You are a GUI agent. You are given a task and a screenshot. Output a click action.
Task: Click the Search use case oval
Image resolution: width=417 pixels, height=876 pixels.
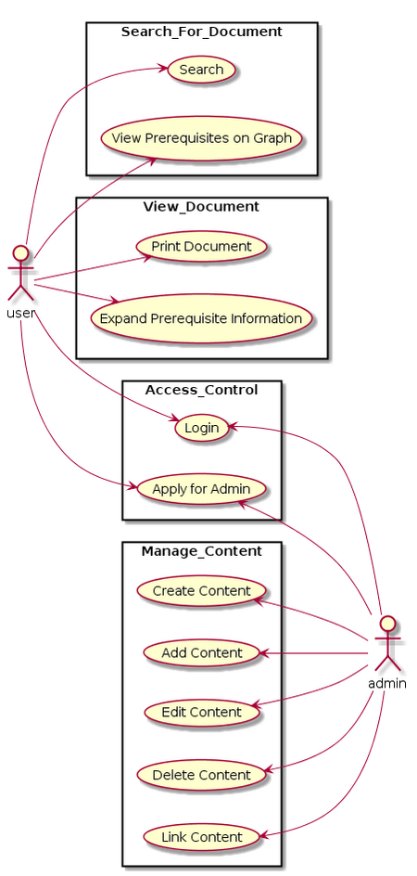pyautogui.click(x=201, y=70)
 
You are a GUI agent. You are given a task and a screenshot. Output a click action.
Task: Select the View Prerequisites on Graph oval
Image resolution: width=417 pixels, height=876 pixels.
pyautogui.click(x=201, y=138)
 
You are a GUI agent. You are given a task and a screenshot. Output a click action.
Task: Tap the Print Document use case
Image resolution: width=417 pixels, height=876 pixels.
pyautogui.click(x=201, y=246)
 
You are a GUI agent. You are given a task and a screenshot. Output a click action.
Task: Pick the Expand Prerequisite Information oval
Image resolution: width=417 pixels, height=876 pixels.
pyautogui.click(x=201, y=318)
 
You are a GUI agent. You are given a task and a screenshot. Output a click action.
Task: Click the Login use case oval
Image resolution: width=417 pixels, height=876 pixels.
pyautogui.click(x=201, y=428)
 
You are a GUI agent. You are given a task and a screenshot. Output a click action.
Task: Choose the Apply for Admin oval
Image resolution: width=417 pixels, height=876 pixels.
pyautogui.click(x=201, y=488)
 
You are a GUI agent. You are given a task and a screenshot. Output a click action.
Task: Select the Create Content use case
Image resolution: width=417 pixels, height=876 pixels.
pyautogui.click(x=201, y=590)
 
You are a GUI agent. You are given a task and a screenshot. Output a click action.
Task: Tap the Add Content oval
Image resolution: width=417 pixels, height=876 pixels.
pyautogui.click(x=201, y=652)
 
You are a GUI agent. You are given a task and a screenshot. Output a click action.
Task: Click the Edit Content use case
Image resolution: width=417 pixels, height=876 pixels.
pyautogui.click(x=201, y=712)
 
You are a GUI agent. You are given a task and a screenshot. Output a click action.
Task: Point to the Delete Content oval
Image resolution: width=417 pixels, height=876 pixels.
pyautogui.click(x=201, y=774)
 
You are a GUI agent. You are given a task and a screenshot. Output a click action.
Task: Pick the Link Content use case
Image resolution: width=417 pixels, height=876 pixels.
pyautogui.click(x=201, y=836)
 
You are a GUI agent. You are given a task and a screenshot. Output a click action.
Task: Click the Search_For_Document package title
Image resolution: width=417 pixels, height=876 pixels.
pyautogui.click(x=201, y=32)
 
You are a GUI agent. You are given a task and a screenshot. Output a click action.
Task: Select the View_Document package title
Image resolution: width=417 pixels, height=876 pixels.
pyautogui.click(x=201, y=206)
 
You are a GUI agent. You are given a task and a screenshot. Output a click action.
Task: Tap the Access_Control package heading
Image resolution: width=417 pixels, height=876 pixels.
pyautogui.click(x=201, y=390)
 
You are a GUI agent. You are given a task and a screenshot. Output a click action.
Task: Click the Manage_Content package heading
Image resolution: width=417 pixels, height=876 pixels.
pyautogui.click(x=201, y=551)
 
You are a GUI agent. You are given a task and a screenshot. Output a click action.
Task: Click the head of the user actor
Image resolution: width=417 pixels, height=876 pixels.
pyautogui.click(x=20, y=251)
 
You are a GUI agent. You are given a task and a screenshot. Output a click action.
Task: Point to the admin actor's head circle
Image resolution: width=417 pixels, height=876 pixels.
pyautogui.click(x=385, y=623)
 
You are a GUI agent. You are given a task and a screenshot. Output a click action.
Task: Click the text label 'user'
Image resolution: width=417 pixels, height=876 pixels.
pyautogui.click(x=20, y=311)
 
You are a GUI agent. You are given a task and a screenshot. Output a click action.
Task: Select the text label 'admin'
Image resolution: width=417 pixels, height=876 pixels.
pyautogui.click(x=386, y=683)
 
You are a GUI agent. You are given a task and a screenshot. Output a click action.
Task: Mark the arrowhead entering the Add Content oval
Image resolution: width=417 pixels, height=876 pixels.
pyautogui.click(x=264, y=653)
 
